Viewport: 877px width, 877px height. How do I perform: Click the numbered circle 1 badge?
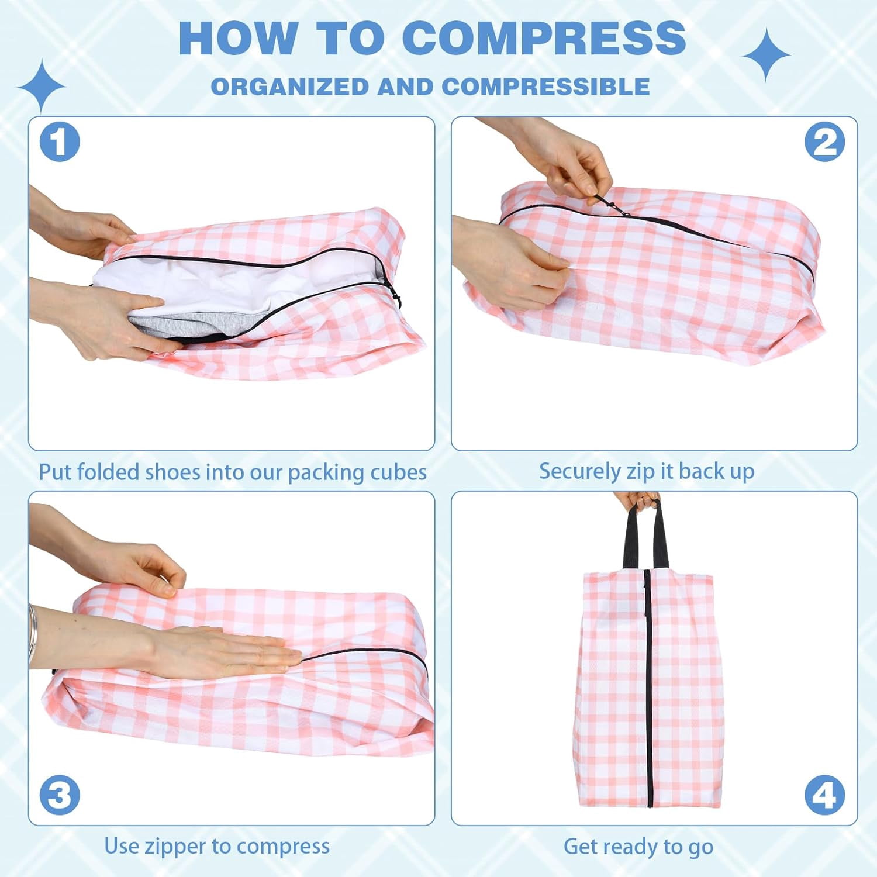[x=60, y=141]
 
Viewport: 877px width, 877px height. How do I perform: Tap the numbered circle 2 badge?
[x=824, y=141]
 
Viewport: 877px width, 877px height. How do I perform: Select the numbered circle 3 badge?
[x=60, y=795]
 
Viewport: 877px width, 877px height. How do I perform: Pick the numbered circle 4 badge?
[x=824, y=795]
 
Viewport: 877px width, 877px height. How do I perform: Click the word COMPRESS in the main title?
[x=544, y=37]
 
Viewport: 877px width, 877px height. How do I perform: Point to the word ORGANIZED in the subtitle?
[x=290, y=87]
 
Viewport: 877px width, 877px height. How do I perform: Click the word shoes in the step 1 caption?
[x=172, y=472]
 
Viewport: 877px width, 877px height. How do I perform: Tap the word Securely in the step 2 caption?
[x=579, y=471]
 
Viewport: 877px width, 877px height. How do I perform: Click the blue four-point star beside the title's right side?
[x=766, y=55]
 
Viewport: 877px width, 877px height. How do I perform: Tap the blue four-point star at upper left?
[x=42, y=87]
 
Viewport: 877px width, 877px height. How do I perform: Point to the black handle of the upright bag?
[x=645, y=535]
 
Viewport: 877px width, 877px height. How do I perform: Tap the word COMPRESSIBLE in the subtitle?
[x=546, y=87]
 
